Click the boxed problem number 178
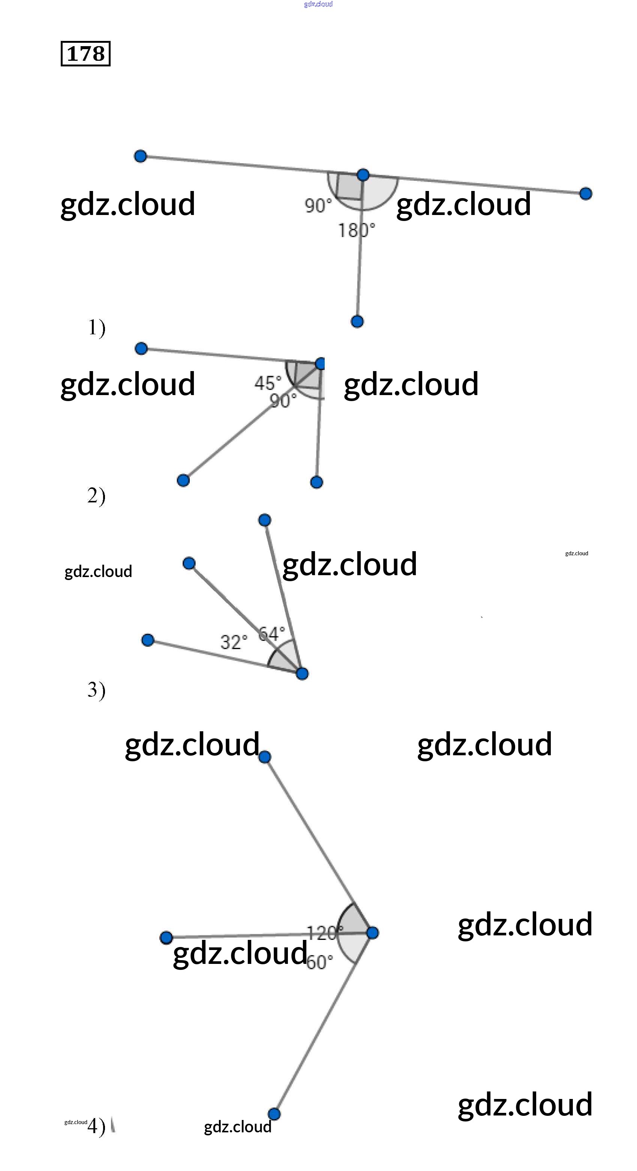85,54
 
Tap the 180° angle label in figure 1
356,230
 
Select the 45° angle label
268,383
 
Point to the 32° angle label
234,642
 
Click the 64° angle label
272,633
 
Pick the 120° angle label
324,933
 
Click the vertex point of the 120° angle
372,933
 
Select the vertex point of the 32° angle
302,673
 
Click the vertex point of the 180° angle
363,174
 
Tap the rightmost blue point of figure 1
586,194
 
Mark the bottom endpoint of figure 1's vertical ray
357,322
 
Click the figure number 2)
96,496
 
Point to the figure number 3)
96,690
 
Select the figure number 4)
96,1126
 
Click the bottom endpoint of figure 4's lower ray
274,1114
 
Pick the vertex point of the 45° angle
320,363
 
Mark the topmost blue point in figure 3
264,520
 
